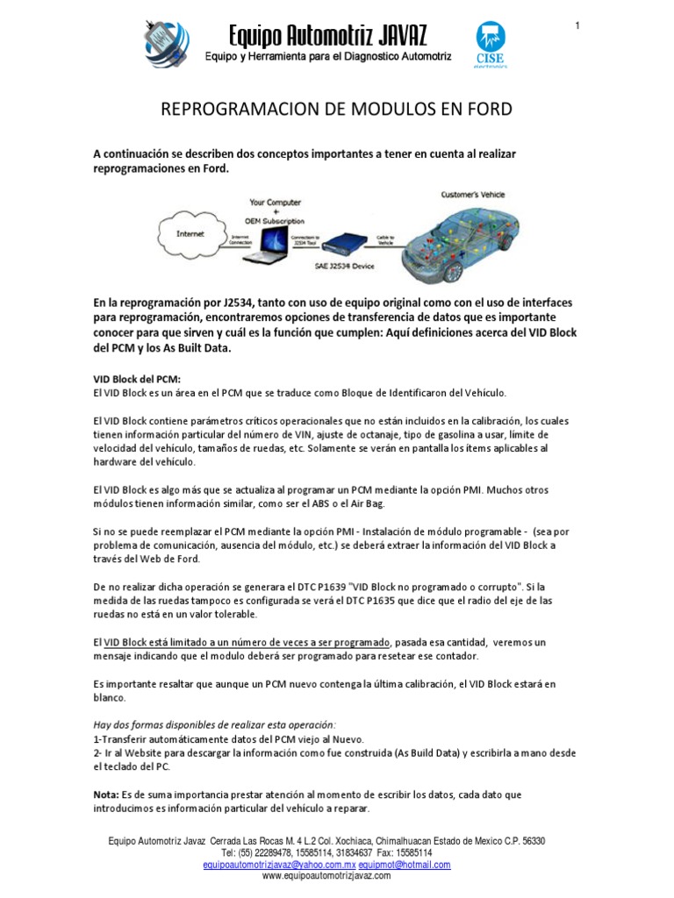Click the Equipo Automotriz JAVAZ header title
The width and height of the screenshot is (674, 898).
(x=327, y=36)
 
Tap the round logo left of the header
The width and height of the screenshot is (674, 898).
(x=168, y=44)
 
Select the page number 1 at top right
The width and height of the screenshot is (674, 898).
(x=577, y=25)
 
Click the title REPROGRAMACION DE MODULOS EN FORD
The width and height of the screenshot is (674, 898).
(x=337, y=110)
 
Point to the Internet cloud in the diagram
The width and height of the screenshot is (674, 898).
(x=190, y=234)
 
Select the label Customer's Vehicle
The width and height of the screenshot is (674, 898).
(x=472, y=195)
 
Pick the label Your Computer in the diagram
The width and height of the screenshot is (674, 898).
(x=275, y=203)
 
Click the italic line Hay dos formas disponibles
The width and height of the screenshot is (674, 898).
(x=214, y=724)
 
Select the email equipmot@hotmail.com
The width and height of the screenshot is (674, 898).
(x=405, y=864)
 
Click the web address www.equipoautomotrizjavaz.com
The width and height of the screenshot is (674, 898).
(x=326, y=875)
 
